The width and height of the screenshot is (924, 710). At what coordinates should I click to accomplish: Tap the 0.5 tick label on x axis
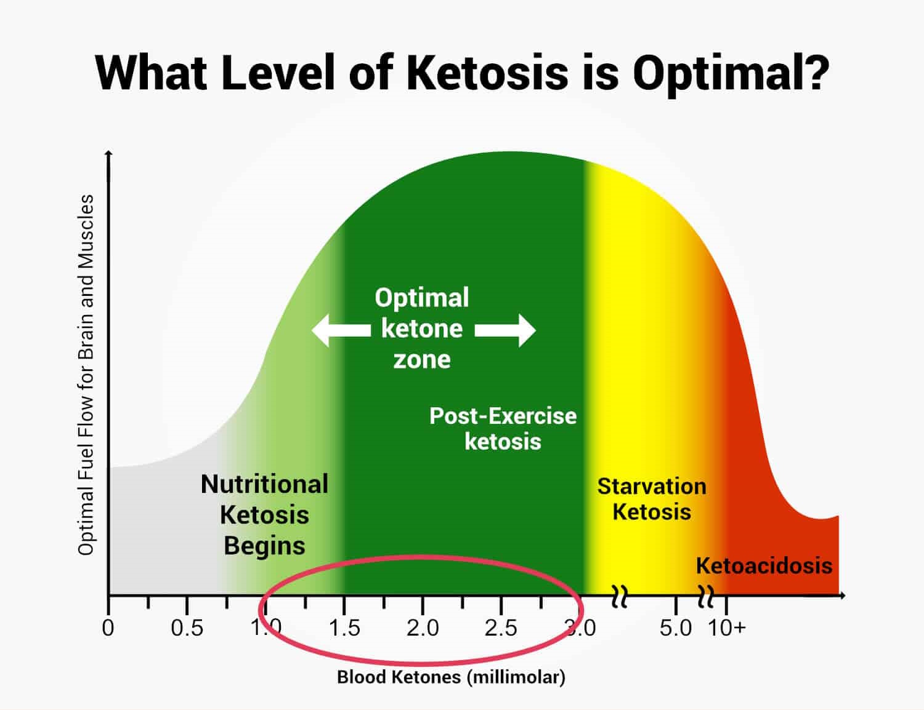[x=187, y=628]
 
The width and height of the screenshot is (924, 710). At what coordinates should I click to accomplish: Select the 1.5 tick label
[x=344, y=628]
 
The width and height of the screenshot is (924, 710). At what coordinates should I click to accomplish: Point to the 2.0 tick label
[x=423, y=628]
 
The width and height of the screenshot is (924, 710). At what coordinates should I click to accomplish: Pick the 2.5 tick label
[x=501, y=628]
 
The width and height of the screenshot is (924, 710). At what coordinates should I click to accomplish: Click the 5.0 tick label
[x=676, y=628]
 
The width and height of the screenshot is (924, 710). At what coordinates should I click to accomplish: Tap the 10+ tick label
[x=727, y=628]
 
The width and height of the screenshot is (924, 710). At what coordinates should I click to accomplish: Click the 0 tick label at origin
[x=108, y=628]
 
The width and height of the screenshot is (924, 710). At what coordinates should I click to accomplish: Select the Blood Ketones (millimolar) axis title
[x=451, y=677]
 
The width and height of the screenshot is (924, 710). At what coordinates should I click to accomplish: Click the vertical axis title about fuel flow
[x=86, y=375]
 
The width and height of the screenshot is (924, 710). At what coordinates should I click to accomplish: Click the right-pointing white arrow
[x=506, y=330]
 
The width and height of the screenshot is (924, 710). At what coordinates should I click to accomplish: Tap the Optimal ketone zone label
[x=422, y=329]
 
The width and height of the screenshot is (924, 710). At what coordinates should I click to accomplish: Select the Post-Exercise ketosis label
[x=503, y=429]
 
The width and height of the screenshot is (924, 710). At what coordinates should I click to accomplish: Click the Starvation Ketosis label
[x=652, y=499]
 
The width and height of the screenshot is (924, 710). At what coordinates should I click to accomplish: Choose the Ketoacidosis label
[x=764, y=565]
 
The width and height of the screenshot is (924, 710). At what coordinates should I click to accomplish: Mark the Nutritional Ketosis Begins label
[x=265, y=515]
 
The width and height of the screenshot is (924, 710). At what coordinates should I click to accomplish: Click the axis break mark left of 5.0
[x=620, y=595]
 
